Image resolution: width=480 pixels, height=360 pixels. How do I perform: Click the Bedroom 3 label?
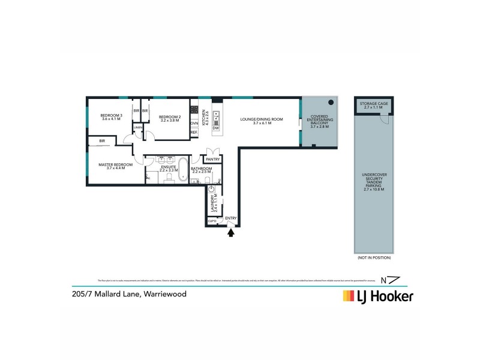[x=111, y=115]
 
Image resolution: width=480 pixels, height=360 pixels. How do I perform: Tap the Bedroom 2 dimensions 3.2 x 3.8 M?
[x=170, y=121]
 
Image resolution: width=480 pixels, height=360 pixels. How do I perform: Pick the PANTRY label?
[x=212, y=160]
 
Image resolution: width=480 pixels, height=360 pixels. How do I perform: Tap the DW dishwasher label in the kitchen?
[x=215, y=128]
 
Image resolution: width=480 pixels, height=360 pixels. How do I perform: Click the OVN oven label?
[x=194, y=123]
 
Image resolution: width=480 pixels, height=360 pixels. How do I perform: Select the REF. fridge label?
[x=194, y=133]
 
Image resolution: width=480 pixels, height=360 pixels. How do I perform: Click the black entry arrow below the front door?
[x=230, y=233]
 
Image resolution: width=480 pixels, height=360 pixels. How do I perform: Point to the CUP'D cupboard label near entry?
[x=212, y=221]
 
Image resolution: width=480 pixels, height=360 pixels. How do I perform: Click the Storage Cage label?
[x=374, y=104]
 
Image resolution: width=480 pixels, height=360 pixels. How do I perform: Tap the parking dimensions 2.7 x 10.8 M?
[x=374, y=190]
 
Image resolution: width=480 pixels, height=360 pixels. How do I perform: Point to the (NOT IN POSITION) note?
[x=374, y=257]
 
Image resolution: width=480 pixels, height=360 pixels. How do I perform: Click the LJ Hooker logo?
[x=377, y=296]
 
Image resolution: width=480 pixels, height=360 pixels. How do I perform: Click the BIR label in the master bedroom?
[x=103, y=141]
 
